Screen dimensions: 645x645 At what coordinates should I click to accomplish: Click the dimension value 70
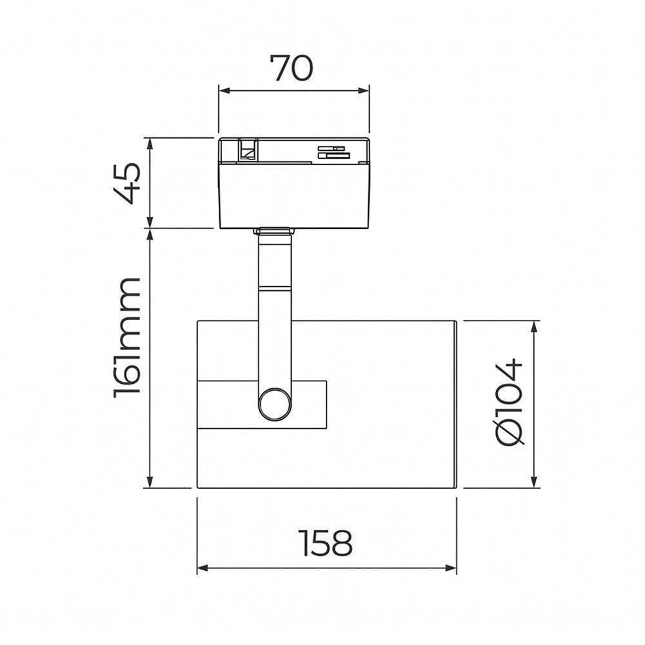point(292,68)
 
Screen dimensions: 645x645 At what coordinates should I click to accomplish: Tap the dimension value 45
point(127,183)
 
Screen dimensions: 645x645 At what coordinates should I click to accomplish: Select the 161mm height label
point(127,337)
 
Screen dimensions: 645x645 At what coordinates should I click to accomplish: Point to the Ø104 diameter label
point(510,402)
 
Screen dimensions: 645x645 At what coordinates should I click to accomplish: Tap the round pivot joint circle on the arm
point(274,404)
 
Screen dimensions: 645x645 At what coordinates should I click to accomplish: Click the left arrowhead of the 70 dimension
point(224,90)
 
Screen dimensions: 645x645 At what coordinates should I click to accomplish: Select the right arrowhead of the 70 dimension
point(364,90)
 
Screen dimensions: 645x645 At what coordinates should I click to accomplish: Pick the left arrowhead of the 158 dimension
point(203,568)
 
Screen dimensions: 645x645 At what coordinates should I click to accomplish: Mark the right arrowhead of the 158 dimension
point(451,568)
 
